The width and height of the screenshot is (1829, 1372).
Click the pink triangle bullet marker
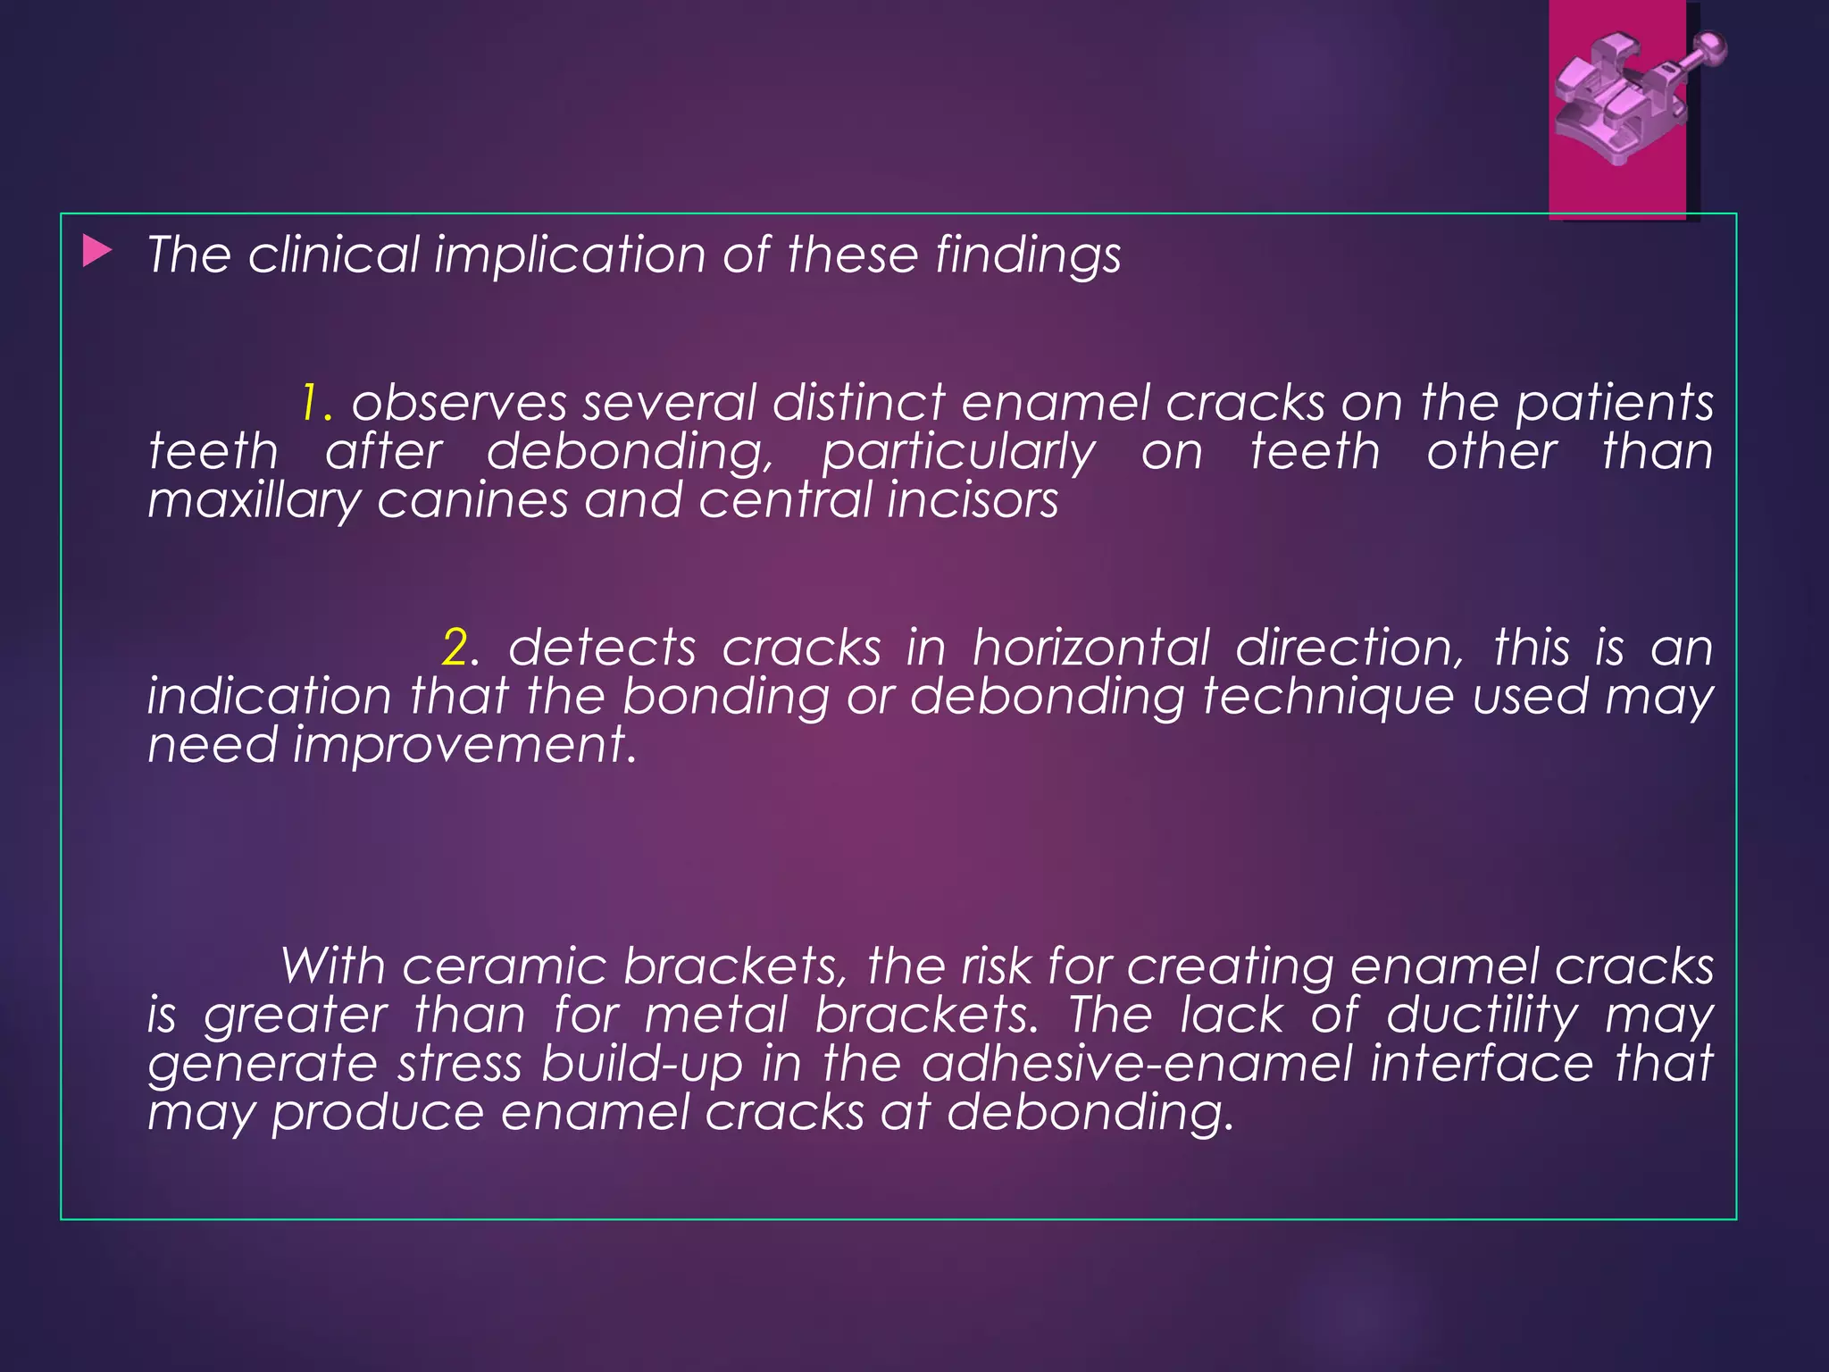[x=96, y=252]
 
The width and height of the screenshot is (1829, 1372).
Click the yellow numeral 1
[x=311, y=403]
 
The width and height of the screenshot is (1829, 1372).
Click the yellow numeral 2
[x=455, y=648]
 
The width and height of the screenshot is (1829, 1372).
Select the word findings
[x=1028, y=256]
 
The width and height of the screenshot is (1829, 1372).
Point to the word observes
[x=459, y=403]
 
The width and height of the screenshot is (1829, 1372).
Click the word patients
[x=1614, y=404]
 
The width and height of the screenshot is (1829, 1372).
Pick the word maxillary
[x=254, y=501]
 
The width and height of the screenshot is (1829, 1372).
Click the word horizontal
[x=1090, y=647]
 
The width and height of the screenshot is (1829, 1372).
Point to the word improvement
[x=464, y=745]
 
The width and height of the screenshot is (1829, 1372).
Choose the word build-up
[x=642, y=1065]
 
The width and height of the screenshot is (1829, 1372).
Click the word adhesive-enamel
[x=1137, y=1064]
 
